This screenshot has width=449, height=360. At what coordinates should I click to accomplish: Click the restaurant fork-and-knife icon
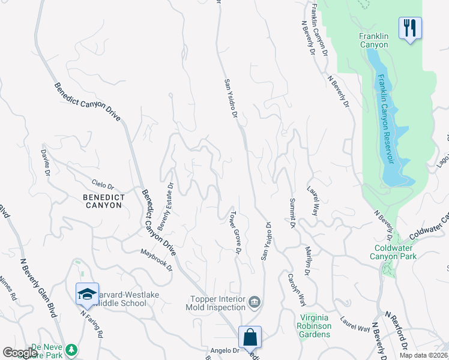point(410,28)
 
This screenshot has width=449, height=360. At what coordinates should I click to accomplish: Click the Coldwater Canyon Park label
point(396,251)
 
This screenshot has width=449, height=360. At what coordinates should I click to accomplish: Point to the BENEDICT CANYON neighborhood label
point(99,201)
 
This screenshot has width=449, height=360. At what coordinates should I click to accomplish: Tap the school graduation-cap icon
point(87,294)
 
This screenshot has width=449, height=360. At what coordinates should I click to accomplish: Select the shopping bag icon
point(250,337)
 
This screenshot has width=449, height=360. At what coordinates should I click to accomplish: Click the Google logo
point(20,353)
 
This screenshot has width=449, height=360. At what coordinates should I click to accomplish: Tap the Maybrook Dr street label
point(157,259)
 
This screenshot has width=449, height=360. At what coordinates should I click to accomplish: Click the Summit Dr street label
point(292,213)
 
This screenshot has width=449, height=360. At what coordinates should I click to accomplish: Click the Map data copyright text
point(423,355)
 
